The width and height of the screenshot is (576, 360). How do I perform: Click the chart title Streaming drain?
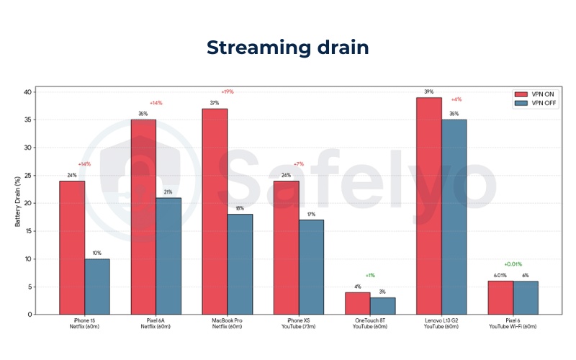click(x=288, y=48)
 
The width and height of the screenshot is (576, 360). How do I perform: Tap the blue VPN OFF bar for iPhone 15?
click(x=97, y=286)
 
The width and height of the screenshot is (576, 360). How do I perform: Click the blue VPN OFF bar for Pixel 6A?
click(x=168, y=256)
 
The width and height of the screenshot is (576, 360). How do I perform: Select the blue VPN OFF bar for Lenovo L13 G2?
click(x=454, y=217)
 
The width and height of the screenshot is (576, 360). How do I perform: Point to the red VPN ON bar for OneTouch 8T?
click(x=358, y=303)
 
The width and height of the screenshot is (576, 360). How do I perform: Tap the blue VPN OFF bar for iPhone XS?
click(x=311, y=266)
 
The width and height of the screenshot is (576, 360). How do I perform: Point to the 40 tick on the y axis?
click(x=28, y=92)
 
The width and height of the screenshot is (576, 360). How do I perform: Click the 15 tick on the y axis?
click(x=28, y=231)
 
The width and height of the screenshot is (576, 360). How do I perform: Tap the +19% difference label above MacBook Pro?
click(x=227, y=91)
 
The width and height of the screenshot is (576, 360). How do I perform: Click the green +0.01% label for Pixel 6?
click(x=513, y=264)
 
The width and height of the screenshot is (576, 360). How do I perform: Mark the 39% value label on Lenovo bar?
click(x=429, y=91)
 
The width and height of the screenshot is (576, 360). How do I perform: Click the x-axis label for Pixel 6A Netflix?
click(x=156, y=324)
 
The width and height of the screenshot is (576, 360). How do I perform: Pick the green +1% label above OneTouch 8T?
click(x=369, y=275)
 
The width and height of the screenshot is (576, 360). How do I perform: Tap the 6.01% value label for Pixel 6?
click(x=500, y=275)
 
